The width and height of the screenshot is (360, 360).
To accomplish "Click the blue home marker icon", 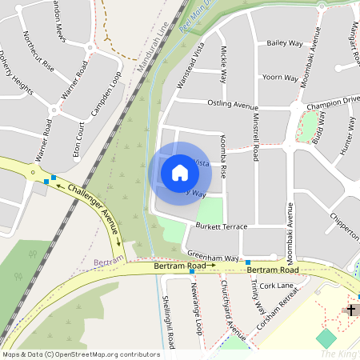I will (x=180, y=172).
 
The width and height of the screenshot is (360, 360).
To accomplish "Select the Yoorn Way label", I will (x=280, y=78).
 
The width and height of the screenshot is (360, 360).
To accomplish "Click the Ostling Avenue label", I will (x=232, y=105).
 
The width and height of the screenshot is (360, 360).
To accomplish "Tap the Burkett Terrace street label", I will (x=222, y=226).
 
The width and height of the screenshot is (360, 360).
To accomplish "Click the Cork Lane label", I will (x=277, y=285).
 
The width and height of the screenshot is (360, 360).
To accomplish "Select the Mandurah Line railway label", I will (x=153, y=50).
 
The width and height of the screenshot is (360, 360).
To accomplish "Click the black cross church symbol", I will (x=351, y=309).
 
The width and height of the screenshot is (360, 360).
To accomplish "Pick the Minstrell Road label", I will (x=255, y=136).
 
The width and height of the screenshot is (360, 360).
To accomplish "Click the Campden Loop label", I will (x=106, y=94).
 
